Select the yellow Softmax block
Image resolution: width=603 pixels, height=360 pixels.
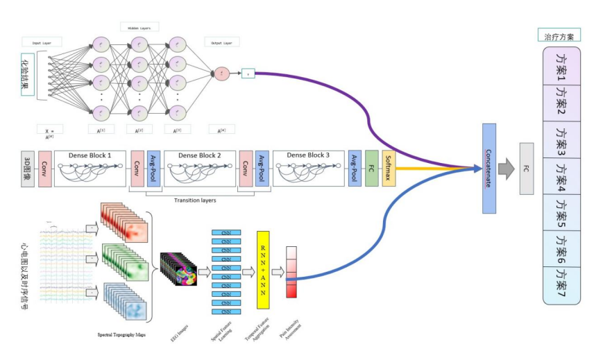pyautogui.click(x=389, y=168)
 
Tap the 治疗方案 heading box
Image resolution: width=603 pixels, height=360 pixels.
pyautogui.click(x=559, y=35)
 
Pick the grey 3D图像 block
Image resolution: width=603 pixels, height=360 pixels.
pyautogui.click(x=27, y=169)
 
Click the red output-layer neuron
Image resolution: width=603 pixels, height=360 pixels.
pyautogui.click(x=221, y=73)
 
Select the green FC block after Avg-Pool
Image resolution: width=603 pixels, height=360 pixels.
pyautogui.click(x=372, y=168)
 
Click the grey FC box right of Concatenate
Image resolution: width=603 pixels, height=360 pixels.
pyautogui.click(x=527, y=168)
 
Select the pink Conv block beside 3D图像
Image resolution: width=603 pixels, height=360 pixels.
pyautogui.click(x=44, y=169)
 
